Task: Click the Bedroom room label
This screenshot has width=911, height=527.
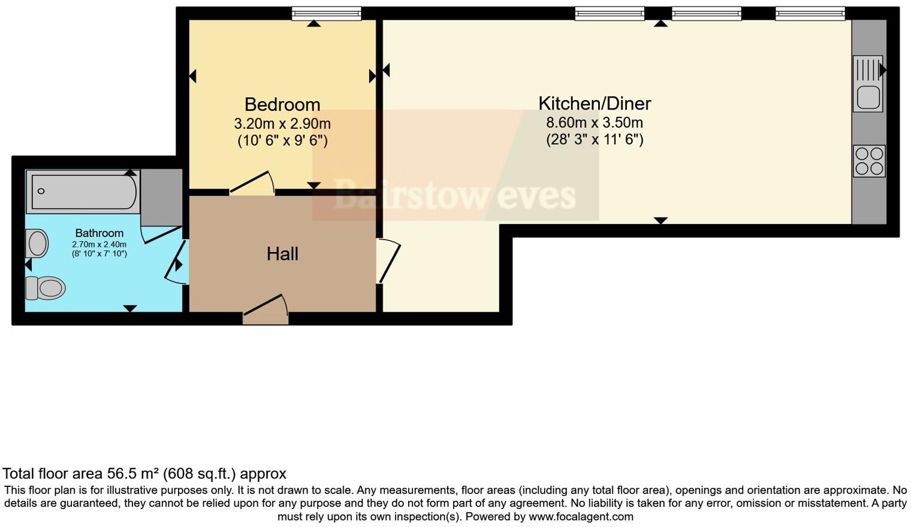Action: click(282, 104)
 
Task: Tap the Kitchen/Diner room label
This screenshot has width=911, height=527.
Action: click(594, 103)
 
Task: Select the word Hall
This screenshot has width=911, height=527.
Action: click(282, 254)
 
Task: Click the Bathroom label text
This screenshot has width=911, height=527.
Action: click(99, 233)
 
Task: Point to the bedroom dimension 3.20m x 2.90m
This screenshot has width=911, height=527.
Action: click(282, 124)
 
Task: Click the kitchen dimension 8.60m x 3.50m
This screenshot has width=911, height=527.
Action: click(594, 123)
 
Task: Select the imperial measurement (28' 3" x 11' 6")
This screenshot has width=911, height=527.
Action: click(594, 140)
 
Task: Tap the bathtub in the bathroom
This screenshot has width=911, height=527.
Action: click(83, 192)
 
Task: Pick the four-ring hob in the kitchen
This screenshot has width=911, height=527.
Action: click(869, 160)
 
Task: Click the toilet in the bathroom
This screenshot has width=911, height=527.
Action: click(46, 288)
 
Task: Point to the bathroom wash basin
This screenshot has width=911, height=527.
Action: click(38, 244)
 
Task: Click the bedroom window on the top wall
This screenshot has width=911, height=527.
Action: click(327, 14)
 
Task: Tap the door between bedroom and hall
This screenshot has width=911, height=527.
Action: click(252, 183)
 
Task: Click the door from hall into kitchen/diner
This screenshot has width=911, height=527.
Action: click(388, 261)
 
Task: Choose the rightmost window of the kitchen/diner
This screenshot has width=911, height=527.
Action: click(810, 14)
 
